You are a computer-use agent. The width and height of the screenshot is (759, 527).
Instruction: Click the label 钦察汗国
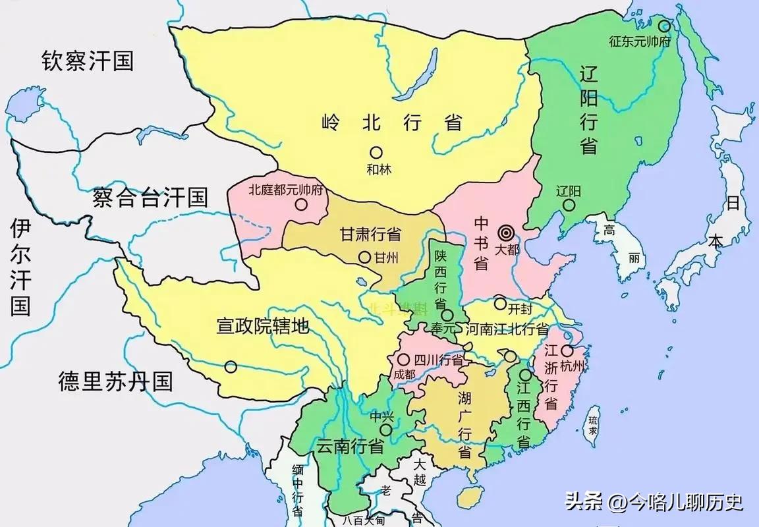click(x=88, y=61)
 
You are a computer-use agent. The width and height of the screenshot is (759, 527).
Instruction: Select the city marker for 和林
click(x=376, y=152)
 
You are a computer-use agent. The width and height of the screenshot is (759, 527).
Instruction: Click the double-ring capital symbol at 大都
click(x=506, y=233)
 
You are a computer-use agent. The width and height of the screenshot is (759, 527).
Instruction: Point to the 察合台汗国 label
click(x=150, y=197)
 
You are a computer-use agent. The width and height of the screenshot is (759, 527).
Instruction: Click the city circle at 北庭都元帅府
click(x=301, y=204)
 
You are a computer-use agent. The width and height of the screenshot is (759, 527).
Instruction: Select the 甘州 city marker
click(x=364, y=258)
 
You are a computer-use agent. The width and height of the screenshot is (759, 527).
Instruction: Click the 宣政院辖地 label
click(x=263, y=325)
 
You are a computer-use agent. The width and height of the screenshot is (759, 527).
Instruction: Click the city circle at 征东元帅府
click(x=664, y=27)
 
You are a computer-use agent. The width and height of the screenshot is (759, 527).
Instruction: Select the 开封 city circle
click(x=501, y=304)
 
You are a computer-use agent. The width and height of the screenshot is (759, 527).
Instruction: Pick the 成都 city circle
click(x=401, y=360)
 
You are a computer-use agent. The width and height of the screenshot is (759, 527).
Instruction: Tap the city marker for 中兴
click(x=385, y=430)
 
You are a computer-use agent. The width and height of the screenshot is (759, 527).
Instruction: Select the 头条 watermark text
click(x=583, y=503)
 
